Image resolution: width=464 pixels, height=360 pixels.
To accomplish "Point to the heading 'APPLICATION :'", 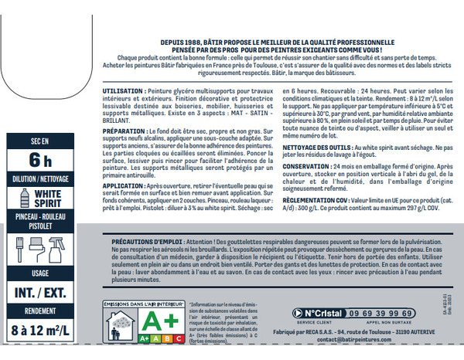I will tap(126, 187).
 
